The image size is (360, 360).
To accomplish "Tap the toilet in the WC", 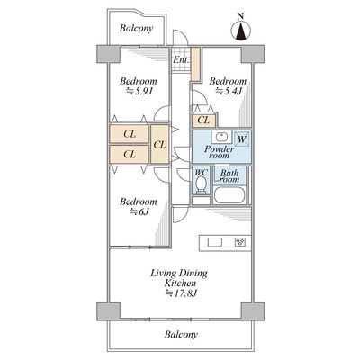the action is coord(201,184).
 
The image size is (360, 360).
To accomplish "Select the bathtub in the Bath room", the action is coord(229,195).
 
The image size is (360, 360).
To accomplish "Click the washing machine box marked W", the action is coord(241,139).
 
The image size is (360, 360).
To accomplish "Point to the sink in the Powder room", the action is coord(221,138).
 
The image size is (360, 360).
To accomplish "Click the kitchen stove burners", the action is coord(240,242).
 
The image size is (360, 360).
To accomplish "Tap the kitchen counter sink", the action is coord(215,242).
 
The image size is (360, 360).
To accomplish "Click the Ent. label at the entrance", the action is coord(181,59).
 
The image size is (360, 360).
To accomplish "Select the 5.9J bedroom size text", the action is coord(139,91).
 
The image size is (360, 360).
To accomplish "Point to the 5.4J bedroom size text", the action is coord(229,91).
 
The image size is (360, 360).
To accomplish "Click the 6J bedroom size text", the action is coord(139,211).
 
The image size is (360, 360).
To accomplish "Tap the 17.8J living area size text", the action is coord(181,293).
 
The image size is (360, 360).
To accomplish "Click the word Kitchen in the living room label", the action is coord(180,283).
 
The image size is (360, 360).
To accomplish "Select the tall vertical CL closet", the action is coord(159,144).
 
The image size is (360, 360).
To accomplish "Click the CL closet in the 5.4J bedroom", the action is coord(203,121).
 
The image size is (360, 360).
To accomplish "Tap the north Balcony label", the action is coord(137,29).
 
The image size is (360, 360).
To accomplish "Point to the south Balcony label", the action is coord(181,335).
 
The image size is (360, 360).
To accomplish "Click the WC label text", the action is coord(201,173).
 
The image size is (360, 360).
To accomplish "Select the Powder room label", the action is coord(220,152).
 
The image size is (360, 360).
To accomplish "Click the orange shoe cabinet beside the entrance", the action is coord(195,64).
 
